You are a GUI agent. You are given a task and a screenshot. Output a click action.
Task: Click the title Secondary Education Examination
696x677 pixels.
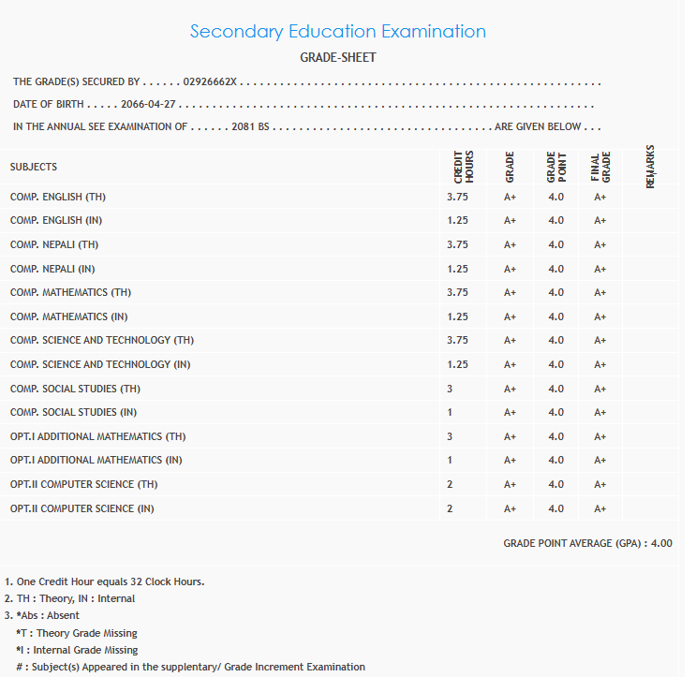click(337, 31)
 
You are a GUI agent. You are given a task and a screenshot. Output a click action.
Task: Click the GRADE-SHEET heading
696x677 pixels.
click(337, 58)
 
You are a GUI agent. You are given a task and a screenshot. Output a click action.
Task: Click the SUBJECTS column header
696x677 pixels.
click(34, 167)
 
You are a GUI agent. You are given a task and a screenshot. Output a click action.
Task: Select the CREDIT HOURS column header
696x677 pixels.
click(463, 166)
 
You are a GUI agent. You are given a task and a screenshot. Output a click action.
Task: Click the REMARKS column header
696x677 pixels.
click(650, 166)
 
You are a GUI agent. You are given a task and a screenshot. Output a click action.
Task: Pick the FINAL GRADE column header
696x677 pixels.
click(600, 166)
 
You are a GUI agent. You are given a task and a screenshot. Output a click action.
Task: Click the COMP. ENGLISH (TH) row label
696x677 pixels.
click(59, 198)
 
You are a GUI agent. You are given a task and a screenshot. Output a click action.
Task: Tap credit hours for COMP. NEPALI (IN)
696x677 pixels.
click(457, 269)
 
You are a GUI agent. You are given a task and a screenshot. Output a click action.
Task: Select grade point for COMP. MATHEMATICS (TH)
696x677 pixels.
click(555, 292)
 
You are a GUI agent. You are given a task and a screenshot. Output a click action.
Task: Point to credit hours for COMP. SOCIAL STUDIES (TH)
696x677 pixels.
click(450, 389)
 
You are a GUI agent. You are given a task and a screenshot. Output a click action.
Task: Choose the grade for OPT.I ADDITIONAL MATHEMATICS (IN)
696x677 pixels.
click(510, 461)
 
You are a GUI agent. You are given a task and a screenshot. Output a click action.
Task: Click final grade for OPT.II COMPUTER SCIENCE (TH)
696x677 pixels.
click(600, 485)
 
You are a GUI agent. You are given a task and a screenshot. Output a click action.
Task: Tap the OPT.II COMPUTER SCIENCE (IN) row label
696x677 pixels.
click(82, 508)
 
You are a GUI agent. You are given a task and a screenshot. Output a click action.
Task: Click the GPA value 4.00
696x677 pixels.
click(661, 543)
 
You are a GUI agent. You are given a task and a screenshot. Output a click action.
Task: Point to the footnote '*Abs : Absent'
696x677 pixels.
click(48, 615)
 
